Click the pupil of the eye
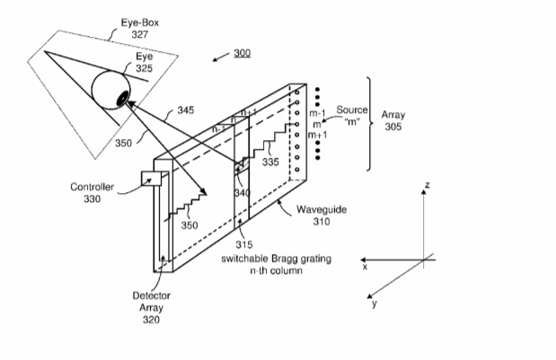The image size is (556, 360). click(x=122, y=98)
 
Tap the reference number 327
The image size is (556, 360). click(x=140, y=34)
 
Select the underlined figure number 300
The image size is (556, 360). click(x=243, y=53)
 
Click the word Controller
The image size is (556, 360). click(x=92, y=187)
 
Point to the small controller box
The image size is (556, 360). click(x=152, y=179)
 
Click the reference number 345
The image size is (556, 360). click(x=186, y=110)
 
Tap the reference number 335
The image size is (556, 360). click(x=270, y=162)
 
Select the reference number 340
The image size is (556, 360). click(x=243, y=193)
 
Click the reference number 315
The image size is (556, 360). click(x=244, y=244)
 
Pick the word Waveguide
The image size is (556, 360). click(x=322, y=209)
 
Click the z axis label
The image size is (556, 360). click(x=428, y=185)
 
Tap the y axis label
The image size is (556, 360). click(x=374, y=303)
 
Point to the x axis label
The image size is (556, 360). click(x=365, y=267)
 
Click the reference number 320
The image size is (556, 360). click(x=151, y=320)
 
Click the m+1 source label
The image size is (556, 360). click(x=317, y=135)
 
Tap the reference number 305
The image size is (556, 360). click(x=393, y=127)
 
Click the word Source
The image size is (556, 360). click(x=352, y=110)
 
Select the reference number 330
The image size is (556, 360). click(x=93, y=198)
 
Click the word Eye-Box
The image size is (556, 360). click(x=140, y=22)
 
